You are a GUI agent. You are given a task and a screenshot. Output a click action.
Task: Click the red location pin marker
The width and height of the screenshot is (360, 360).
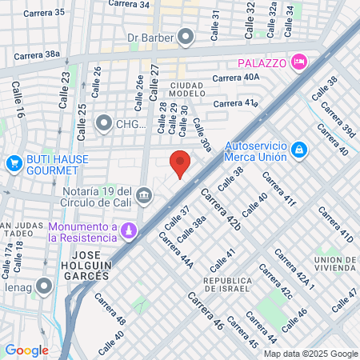pos(181,162)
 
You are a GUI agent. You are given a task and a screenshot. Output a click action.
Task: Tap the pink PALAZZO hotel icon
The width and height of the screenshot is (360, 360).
pos(299,62)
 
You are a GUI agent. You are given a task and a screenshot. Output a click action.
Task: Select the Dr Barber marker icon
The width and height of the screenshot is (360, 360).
pos(186,37)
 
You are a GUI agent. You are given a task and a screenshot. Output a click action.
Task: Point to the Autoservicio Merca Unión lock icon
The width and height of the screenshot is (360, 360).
pos(298,150)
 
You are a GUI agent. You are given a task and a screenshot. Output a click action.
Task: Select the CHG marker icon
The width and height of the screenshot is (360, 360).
pos(104,123)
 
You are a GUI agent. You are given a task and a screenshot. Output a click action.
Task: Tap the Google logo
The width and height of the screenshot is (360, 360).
pos(26,350)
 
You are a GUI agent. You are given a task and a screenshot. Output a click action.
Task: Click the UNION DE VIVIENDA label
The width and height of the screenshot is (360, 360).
pos(335,265)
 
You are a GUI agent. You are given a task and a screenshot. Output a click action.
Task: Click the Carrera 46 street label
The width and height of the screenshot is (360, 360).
pos(206,311)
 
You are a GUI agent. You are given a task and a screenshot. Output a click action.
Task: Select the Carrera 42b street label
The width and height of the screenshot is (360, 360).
pos(221,210)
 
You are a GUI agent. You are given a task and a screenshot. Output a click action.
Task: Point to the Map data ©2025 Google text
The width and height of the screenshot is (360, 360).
pos(311,354)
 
